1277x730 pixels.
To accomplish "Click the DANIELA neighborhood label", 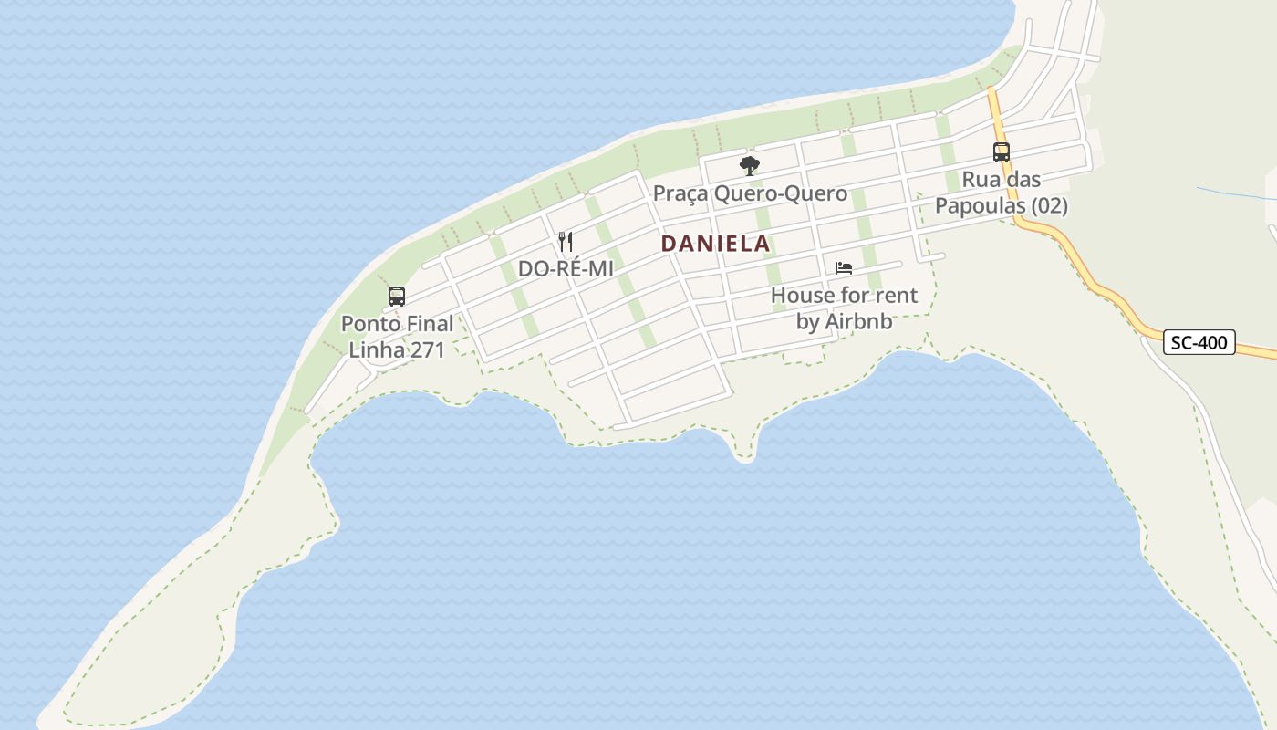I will (x=715, y=245).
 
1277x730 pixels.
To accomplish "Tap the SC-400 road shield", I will (x=1199, y=343).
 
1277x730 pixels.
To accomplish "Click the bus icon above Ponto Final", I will (x=397, y=296).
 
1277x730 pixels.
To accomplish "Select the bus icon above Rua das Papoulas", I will (x=1001, y=152).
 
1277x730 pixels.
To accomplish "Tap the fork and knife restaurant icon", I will (x=566, y=242).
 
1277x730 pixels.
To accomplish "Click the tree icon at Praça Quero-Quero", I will (x=750, y=166).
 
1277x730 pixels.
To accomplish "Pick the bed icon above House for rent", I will (x=844, y=268).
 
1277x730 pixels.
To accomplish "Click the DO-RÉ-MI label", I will (x=566, y=269).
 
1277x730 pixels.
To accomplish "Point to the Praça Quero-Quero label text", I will (x=750, y=193).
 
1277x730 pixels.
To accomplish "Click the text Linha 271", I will (x=397, y=349).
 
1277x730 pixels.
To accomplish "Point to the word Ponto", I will (x=369, y=324).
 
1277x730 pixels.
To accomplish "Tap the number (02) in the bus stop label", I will (x=1049, y=206).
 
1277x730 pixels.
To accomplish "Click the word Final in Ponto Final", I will (x=429, y=324).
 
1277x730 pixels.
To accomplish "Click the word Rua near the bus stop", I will (x=980, y=180).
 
